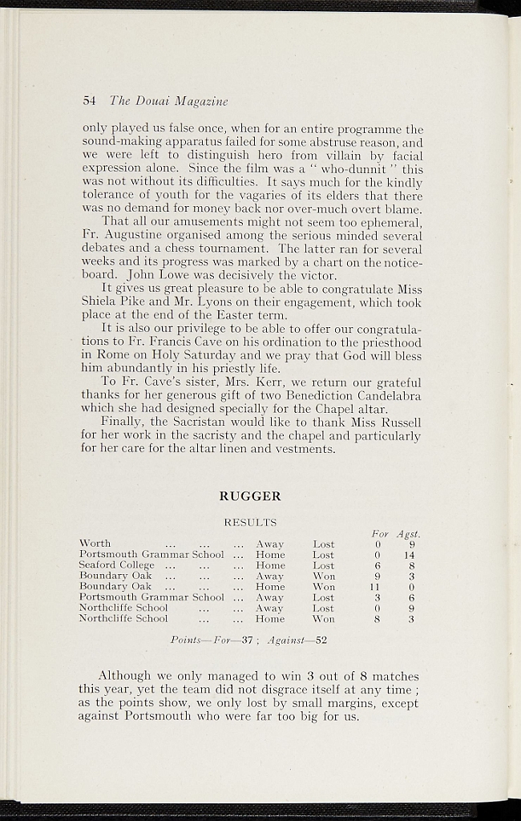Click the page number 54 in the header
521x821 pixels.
pos(89,101)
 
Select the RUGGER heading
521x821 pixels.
pos(249,496)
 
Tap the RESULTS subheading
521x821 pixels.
pos(250,523)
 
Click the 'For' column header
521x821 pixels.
pos(380,534)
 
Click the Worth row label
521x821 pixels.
pos(95,544)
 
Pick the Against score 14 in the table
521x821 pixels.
pos(409,555)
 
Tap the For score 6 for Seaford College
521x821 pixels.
pos(377,565)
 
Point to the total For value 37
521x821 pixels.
pos(248,640)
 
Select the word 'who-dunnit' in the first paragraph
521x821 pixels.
pos(356,170)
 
